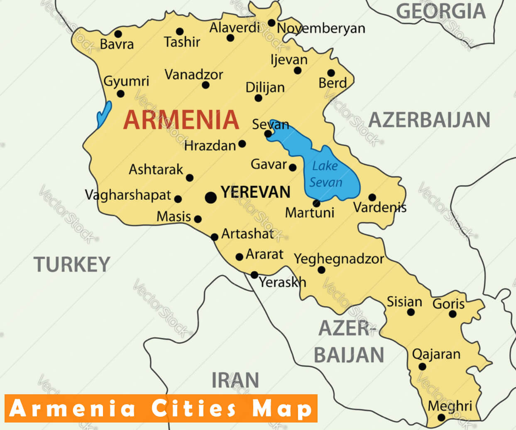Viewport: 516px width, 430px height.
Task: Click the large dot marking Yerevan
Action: (x=211, y=197)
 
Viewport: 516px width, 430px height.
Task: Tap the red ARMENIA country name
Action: (x=181, y=120)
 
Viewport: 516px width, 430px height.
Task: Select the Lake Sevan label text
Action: (x=325, y=174)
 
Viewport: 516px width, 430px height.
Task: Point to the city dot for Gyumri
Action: (x=120, y=94)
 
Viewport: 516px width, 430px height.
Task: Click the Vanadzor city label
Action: (x=194, y=75)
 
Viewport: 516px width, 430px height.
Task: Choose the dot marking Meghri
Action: (x=441, y=418)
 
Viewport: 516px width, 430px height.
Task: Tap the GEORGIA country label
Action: (x=440, y=11)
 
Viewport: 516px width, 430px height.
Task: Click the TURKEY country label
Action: (x=72, y=264)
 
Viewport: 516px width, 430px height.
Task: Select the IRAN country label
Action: (x=235, y=380)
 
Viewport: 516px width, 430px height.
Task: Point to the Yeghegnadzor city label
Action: (x=339, y=259)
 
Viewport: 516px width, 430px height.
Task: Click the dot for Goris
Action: (x=452, y=314)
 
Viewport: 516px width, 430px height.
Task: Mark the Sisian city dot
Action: (x=411, y=312)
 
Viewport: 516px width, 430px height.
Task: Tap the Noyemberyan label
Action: (x=321, y=28)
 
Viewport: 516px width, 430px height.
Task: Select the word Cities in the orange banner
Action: (x=194, y=408)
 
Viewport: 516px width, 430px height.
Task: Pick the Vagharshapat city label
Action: (x=128, y=195)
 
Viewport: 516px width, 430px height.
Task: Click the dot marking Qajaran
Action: (x=422, y=366)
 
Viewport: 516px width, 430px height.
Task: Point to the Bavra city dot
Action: (x=118, y=34)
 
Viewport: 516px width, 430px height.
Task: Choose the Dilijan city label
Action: (x=265, y=88)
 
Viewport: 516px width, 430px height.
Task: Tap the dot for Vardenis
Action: (x=372, y=197)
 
